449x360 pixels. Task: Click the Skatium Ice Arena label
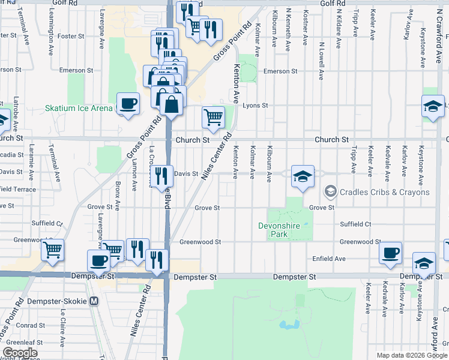click(79, 108)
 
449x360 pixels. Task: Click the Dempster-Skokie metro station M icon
click(94, 301)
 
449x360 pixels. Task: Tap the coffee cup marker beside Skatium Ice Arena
click(128, 104)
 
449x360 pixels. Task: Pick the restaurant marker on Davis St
click(161, 175)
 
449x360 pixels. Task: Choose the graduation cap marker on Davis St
click(303, 176)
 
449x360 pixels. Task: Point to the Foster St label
click(71, 36)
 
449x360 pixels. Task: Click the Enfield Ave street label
click(329, 259)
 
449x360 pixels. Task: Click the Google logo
click(20, 353)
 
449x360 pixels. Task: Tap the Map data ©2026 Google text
click(411, 355)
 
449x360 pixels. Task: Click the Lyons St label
click(255, 105)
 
